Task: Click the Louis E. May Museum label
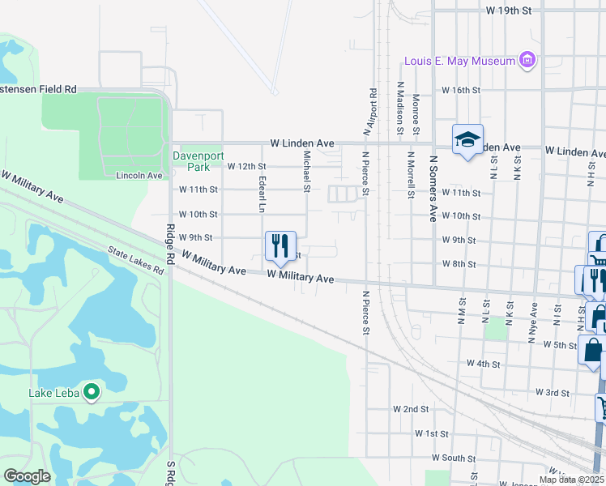460,62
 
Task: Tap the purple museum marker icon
528,60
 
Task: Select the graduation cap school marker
467,140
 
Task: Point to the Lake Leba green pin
92,394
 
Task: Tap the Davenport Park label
192,161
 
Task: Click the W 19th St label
509,11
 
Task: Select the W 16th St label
461,90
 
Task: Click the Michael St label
307,172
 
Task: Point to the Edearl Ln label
262,194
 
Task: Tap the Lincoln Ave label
139,175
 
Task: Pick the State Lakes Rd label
136,261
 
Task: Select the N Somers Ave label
433,189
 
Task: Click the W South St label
453,458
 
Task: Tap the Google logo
27,475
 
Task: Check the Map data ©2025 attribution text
571,480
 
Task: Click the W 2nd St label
410,410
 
